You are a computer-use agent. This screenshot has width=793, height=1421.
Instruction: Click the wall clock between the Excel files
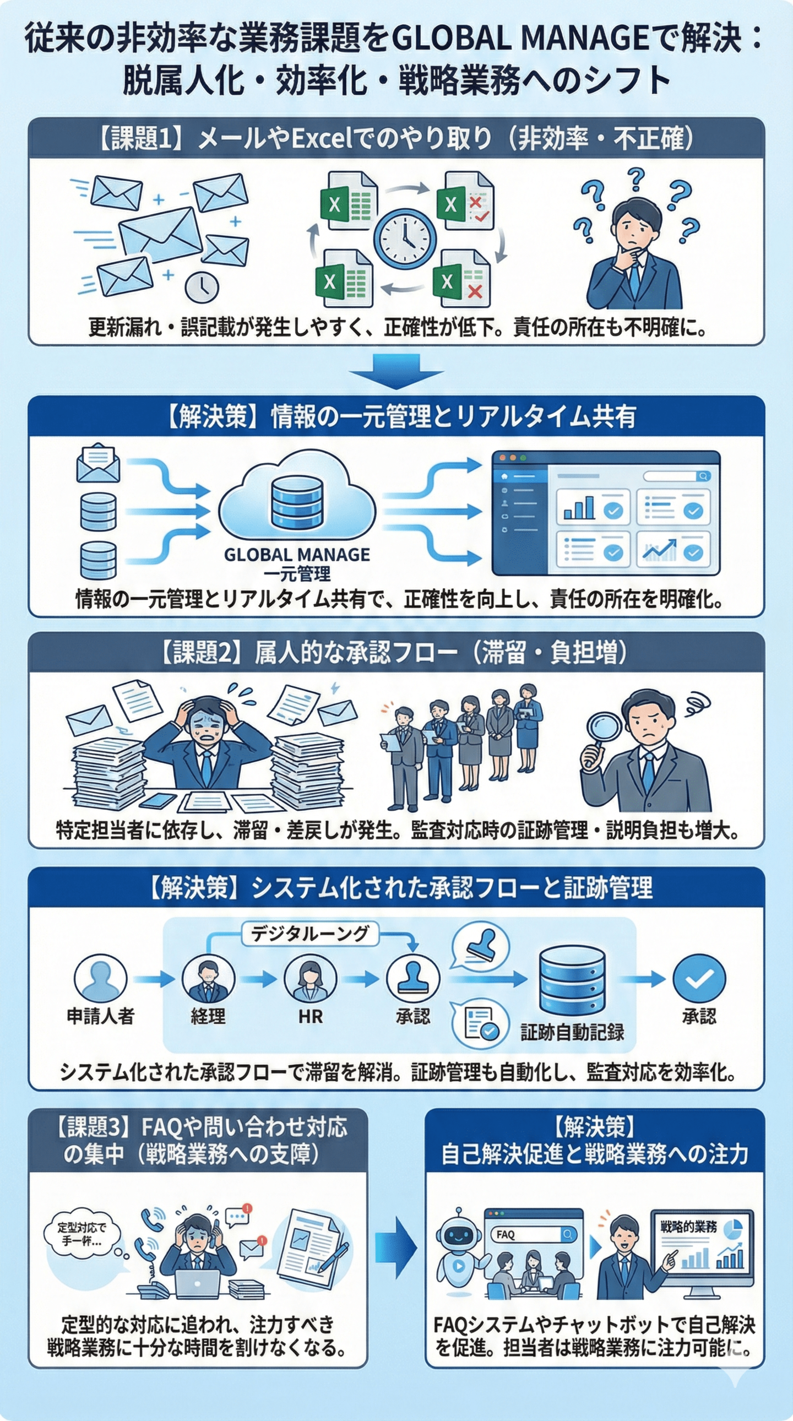coord(405,238)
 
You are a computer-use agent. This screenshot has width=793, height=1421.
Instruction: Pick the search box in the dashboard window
coord(677,475)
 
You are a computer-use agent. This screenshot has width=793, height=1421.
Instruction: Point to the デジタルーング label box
coord(309,934)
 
